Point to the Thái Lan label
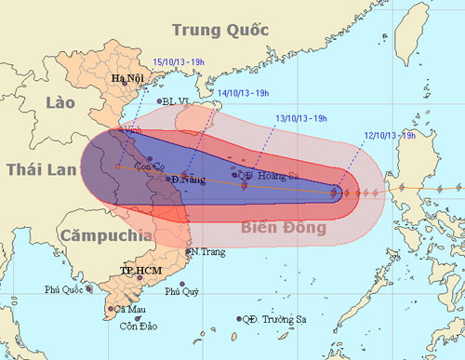click(41, 171)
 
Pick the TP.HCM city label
click(137, 270)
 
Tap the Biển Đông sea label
click(285, 227)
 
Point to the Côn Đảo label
click(139, 326)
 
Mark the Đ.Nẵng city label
click(188, 179)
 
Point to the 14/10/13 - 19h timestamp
click(243, 93)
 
